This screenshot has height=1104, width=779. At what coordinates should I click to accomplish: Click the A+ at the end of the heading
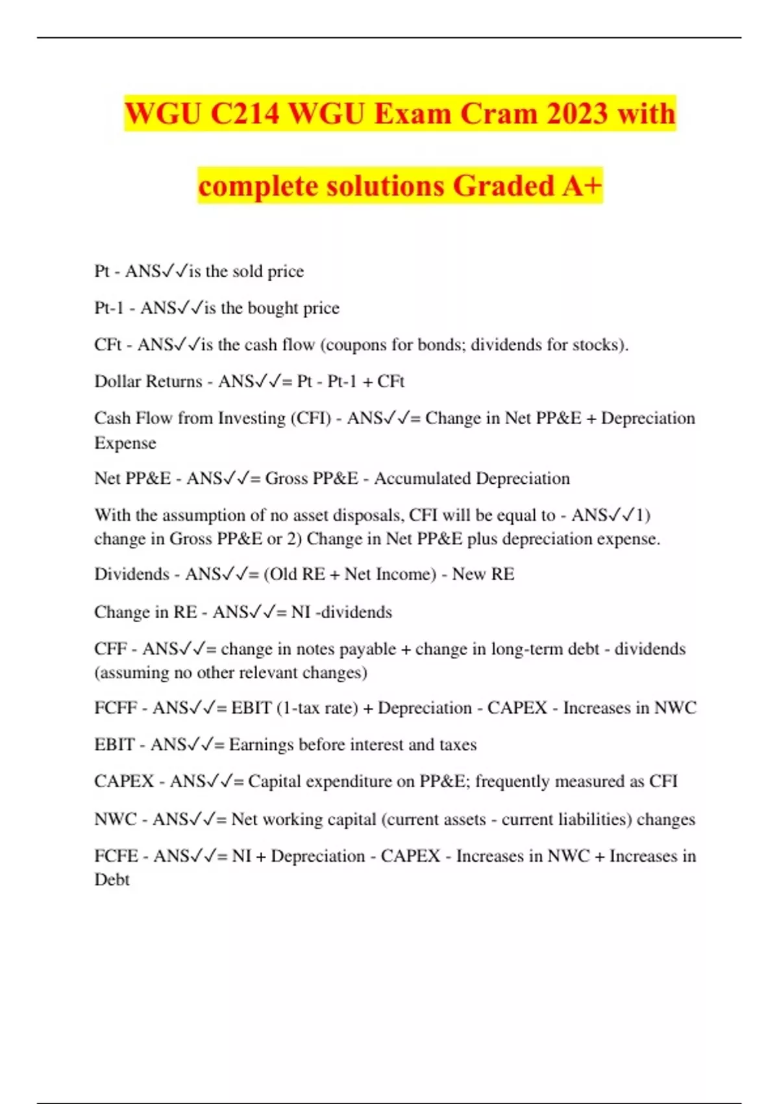click(x=582, y=186)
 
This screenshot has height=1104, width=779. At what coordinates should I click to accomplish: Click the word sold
click(x=247, y=271)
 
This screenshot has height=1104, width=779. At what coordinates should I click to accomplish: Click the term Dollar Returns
click(x=148, y=381)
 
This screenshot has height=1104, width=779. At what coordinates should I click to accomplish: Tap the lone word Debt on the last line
click(x=112, y=880)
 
